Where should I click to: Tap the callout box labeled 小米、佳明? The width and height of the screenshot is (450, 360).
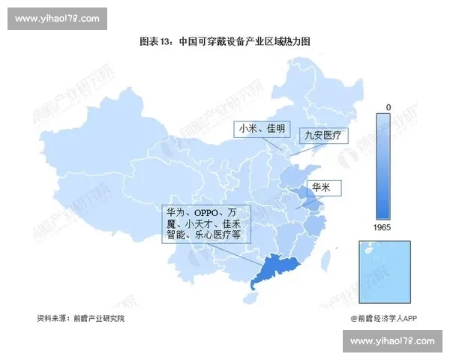point(262,130)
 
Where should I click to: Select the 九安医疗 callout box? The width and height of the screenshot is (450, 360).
point(322,136)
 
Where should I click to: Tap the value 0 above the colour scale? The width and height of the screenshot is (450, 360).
point(388,108)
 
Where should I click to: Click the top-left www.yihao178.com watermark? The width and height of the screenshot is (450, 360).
point(57,18)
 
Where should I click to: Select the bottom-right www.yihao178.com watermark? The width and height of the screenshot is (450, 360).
point(393,341)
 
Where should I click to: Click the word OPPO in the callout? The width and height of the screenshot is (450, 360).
point(208,213)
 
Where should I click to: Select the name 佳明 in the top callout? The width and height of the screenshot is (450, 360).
point(275,130)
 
